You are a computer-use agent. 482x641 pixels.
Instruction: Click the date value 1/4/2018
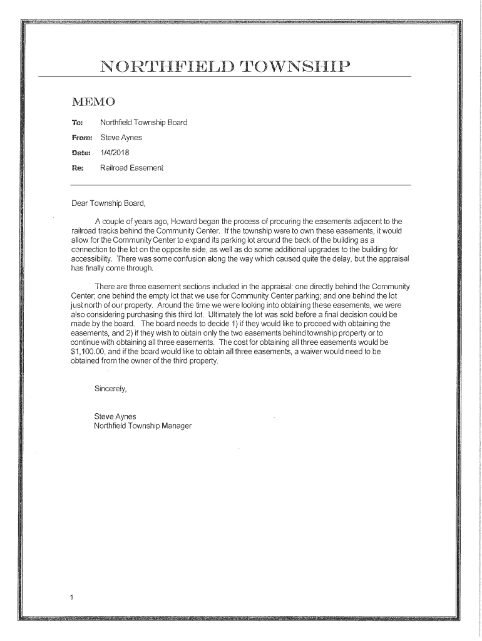115,153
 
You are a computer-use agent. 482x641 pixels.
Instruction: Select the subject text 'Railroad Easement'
132,168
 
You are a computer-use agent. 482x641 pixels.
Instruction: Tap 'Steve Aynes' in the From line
121,138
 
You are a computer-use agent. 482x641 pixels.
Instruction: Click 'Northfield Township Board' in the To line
144,123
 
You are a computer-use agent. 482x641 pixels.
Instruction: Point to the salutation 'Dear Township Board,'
108,203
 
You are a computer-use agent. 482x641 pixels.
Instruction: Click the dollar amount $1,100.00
89,352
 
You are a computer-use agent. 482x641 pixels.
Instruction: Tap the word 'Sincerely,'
110,389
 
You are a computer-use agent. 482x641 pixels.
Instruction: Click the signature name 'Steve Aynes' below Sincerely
115,416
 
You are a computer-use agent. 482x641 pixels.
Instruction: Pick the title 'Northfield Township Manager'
143,426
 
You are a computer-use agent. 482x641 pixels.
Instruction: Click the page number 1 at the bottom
72,597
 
